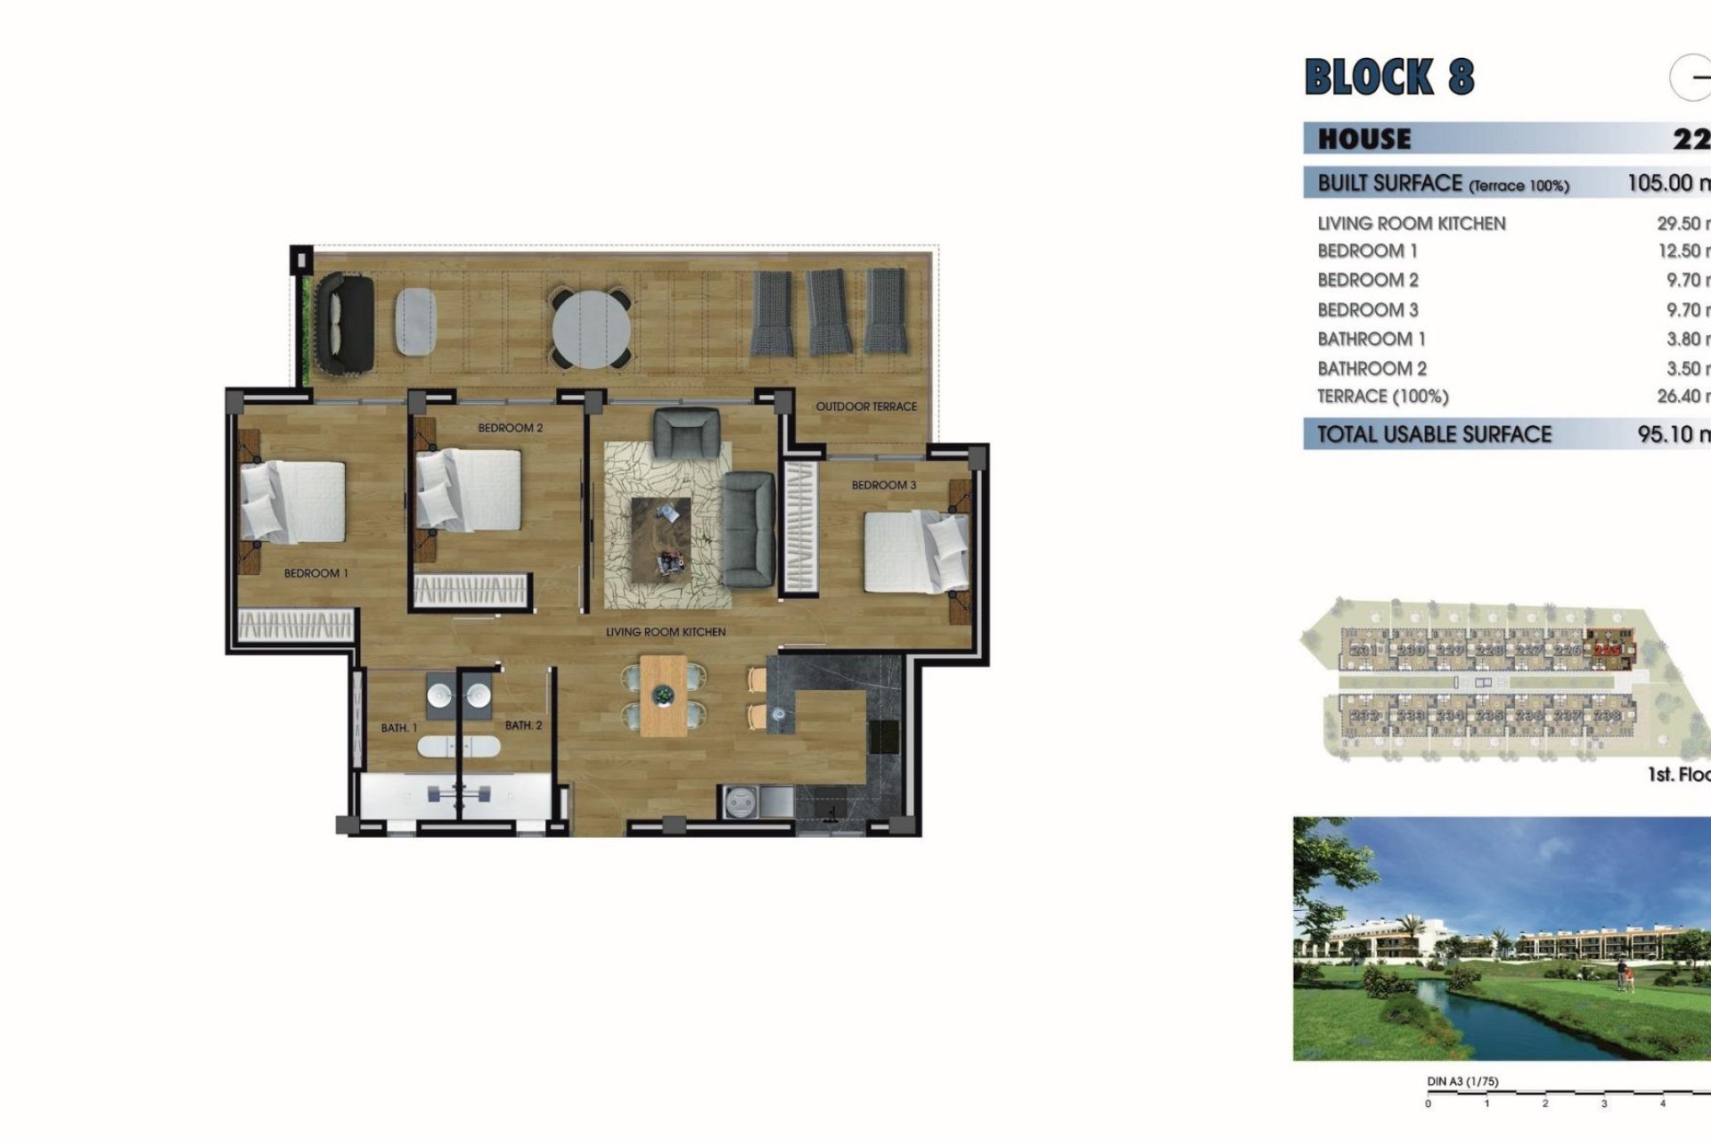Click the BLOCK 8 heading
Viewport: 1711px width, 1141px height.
coord(1388,77)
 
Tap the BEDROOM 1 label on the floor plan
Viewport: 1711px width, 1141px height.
coord(315,573)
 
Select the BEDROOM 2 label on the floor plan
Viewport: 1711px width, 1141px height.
coord(510,428)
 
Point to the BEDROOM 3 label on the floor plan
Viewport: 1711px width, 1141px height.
coord(883,485)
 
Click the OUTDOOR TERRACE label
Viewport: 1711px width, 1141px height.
coord(865,406)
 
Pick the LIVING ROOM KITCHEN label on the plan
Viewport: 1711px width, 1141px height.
coord(666,632)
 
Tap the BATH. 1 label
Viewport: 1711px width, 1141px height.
coord(398,728)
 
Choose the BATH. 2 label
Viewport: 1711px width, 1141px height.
coord(523,726)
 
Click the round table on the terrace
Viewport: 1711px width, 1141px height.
coord(591,327)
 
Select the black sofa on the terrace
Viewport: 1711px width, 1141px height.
coord(346,324)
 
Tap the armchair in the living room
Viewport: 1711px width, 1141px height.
coord(685,433)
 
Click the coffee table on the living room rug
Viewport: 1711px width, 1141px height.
coord(660,538)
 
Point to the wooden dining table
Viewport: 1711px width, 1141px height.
coord(663,695)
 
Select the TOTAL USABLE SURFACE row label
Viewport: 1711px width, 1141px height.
coord(1434,434)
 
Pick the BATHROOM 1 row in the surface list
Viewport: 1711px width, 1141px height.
coord(1371,339)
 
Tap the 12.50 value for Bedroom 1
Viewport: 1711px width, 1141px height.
coord(1681,251)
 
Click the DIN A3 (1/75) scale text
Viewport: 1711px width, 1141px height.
coord(1462,1081)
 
